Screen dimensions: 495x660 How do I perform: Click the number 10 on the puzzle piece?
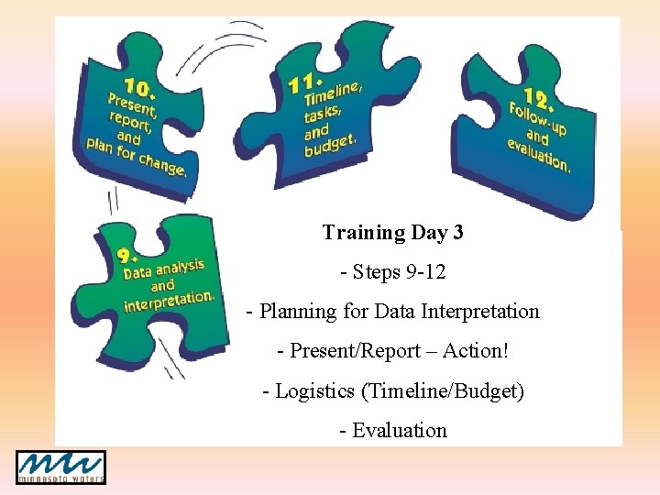click(139, 88)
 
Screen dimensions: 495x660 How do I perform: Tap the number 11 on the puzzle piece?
click(303, 82)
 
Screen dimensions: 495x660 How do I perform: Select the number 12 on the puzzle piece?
click(538, 98)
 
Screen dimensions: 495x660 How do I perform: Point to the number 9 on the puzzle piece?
click(128, 256)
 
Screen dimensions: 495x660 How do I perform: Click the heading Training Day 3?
click(392, 233)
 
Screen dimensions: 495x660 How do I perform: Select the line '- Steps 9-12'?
click(392, 272)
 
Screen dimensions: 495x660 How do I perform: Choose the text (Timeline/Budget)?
click(443, 391)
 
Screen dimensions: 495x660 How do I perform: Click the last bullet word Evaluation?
click(400, 431)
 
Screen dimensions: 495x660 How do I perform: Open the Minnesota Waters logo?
click(60, 467)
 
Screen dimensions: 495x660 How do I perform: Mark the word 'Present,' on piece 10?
click(132, 105)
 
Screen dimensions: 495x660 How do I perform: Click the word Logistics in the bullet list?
click(315, 391)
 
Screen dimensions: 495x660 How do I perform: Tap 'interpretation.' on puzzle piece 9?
click(170, 299)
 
